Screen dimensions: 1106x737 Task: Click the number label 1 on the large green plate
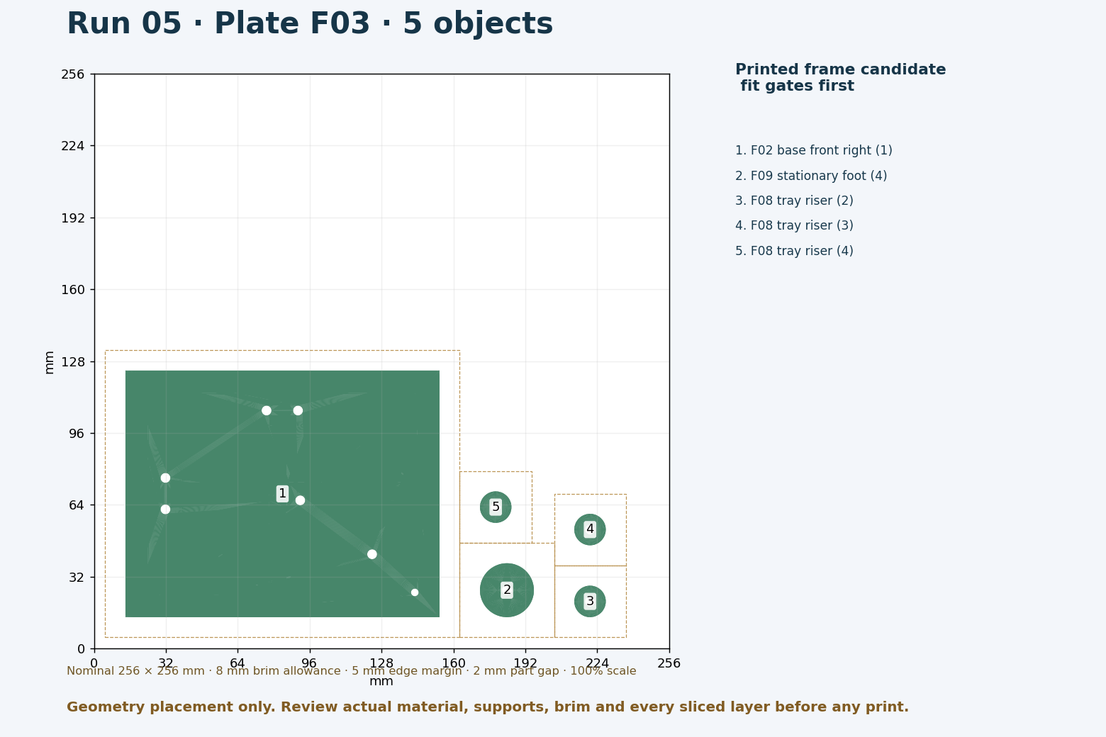(x=282, y=493)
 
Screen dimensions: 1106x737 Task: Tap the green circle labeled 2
(x=507, y=590)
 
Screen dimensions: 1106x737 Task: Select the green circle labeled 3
(x=590, y=601)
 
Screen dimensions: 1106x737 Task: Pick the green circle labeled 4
(x=590, y=529)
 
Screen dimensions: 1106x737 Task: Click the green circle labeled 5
(x=496, y=507)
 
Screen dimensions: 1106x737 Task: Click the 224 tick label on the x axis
(x=597, y=663)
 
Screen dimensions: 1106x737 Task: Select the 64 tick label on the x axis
(x=238, y=663)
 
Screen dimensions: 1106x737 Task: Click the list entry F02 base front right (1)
(x=814, y=150)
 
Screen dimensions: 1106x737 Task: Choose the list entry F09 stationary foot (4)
(x=811, y=176)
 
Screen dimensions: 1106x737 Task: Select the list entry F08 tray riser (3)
(x=795, y=225)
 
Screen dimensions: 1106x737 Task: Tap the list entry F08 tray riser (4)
(x=795, y=251)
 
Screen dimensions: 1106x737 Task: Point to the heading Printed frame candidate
(x=840, y=69)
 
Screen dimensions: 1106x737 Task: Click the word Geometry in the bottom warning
(x=107, y=707)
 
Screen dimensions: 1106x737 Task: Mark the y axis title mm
(x=49, y=363)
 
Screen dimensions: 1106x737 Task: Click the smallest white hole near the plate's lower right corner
(x=415, y=592)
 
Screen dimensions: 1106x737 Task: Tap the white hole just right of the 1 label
(x=300, y=500)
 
